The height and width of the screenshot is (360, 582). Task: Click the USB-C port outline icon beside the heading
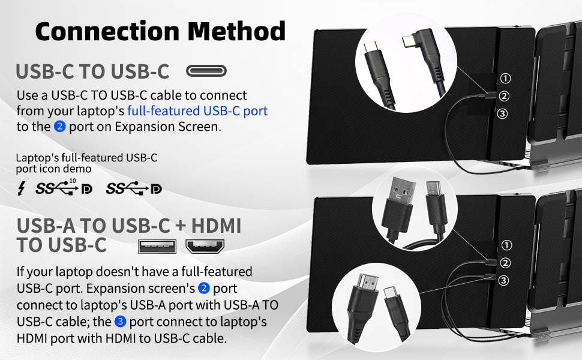206,72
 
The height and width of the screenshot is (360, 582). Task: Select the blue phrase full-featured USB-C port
197,111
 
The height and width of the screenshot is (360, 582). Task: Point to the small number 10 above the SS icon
73,181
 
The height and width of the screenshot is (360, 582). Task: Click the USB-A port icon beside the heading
157,246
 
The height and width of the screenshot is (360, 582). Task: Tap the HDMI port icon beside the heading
204,246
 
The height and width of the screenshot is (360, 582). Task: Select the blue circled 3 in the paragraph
120,322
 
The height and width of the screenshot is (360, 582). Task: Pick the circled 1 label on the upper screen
505,78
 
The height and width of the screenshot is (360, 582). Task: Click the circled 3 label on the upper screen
505,113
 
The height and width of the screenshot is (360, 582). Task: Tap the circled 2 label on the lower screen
505,263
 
